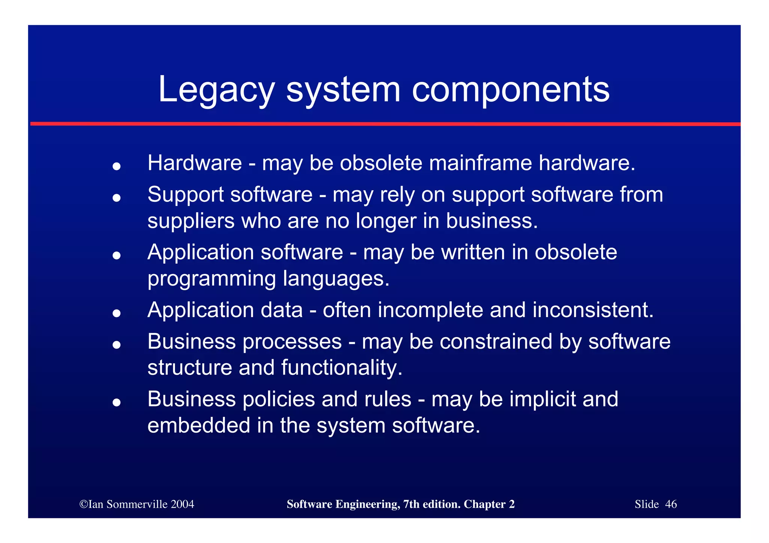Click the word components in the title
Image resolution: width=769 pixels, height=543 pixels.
[511, 90]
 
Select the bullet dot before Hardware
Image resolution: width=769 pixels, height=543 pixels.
[116, 166]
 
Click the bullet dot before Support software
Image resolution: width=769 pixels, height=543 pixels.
[116, 197]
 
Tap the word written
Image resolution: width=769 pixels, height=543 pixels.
[473, 252]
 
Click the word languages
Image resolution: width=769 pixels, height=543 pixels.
[336, 279]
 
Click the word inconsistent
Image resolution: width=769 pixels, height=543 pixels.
[593, 310]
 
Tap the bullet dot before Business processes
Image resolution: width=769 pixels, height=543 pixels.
[116, 344]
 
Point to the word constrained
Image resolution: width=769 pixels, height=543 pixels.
[496, 342]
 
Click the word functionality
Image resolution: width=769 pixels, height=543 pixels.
[342, 368]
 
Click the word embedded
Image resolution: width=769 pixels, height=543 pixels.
[199, 426]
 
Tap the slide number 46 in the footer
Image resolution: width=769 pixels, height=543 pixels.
[671, 504]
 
